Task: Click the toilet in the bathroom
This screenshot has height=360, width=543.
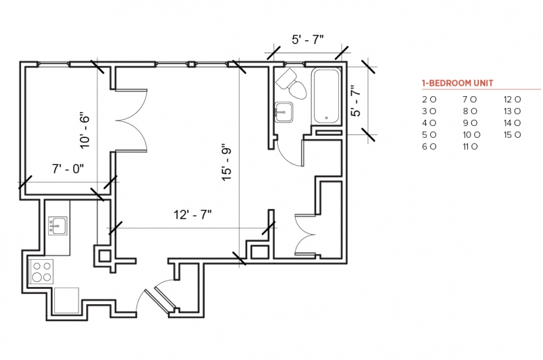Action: [291, 84]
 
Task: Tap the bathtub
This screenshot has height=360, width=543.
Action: [326, 96]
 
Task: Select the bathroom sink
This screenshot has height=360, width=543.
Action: [284, 112]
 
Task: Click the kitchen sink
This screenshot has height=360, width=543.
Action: [58, 226]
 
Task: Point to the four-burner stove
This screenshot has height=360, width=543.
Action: [41, 272]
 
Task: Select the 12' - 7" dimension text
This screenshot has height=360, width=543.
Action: [193, 215]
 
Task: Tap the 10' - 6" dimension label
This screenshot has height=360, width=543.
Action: [84, 130]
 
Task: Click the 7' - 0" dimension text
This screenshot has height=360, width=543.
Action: [68, 169]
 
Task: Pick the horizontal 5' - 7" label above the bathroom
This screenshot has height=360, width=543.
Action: [308, 40]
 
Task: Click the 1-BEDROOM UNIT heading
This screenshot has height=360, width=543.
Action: [457, 83]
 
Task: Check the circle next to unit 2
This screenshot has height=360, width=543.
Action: [433, 100]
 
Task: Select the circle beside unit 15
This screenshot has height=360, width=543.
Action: [517, 135]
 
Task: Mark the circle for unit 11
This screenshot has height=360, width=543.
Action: [474, 146]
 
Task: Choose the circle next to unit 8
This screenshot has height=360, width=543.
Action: [474, 111]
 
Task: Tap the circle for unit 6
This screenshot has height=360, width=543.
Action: [433, 146]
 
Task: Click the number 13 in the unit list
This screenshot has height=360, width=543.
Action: [507, 111]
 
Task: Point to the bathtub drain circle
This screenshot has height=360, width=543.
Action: [326, 118]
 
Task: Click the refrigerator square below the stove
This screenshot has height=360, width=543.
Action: [67, 300]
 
